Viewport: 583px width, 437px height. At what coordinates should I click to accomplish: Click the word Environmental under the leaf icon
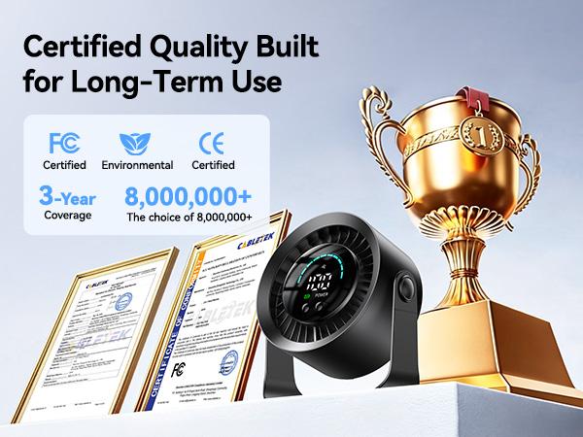pos(137,166)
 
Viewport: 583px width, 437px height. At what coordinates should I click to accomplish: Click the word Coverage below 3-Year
pos(66,216)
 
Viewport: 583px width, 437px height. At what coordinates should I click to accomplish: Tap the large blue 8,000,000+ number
pos(189,195)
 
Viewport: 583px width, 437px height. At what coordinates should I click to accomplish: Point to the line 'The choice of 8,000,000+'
pos(189,218)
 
